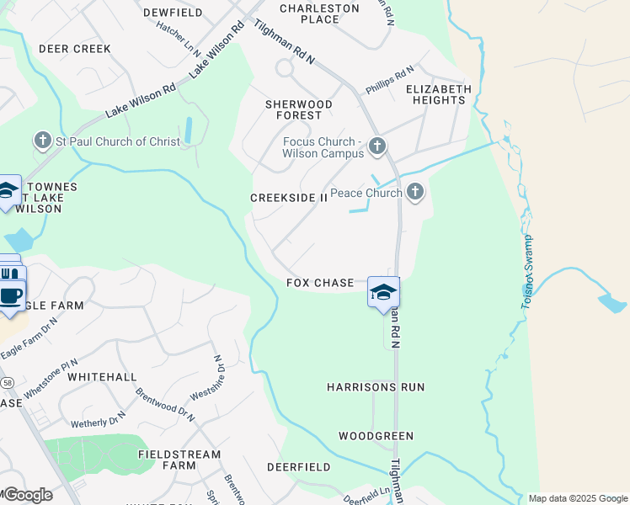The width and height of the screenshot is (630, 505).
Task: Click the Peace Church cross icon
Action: tap(414, 193)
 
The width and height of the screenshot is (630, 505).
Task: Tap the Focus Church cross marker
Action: tap(377, 147)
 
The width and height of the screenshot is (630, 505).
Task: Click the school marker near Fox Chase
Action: tap(383, 292)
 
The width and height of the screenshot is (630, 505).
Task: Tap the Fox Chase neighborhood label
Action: tap(320, 283)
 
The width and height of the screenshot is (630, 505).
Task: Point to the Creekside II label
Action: tap(289, 198)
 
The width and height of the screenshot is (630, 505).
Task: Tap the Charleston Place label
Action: tap(319, 13)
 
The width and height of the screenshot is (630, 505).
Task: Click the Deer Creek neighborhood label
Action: tap(75, 49)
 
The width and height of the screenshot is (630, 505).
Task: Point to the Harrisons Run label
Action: tap(376, 387)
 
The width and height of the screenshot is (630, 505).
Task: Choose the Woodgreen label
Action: tap(376, 436)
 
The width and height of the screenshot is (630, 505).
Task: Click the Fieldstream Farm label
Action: tap(179, 460)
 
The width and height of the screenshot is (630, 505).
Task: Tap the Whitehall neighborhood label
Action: tap(102, 377)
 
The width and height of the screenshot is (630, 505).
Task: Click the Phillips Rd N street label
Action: tap(390, 81)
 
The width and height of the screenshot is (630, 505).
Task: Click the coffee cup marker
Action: tap(11, 296)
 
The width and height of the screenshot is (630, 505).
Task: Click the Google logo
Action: tap(27, 494)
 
